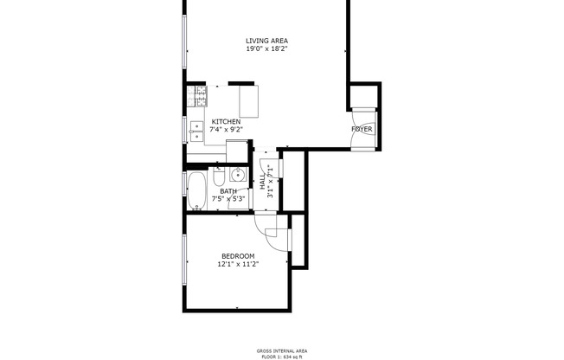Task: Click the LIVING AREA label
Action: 266,41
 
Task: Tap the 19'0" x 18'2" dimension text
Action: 266,49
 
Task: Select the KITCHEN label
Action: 226,122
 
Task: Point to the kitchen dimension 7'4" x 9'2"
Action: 226,130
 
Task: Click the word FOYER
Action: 362,129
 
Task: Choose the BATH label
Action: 228,191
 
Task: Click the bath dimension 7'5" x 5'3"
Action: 229,199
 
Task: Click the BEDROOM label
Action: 237,256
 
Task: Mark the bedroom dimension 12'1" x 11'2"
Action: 237,265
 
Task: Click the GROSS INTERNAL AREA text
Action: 282,350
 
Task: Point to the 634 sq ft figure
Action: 296,356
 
